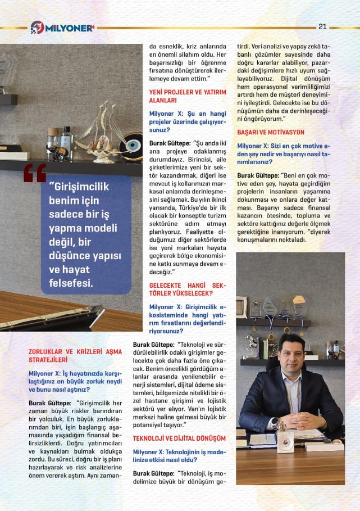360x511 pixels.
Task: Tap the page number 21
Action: point(322,26)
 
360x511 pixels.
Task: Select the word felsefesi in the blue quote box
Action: point(71,282)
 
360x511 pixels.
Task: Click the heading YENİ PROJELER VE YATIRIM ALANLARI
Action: point(187,96)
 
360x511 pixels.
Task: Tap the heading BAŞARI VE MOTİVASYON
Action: point(271,132)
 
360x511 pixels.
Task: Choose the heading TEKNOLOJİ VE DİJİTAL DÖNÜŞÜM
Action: point(179,438)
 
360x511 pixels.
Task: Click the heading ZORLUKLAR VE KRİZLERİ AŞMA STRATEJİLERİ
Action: point(75,355)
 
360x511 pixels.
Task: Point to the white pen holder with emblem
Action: point(285,442)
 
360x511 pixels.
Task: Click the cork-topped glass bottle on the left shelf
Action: point(52,137)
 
